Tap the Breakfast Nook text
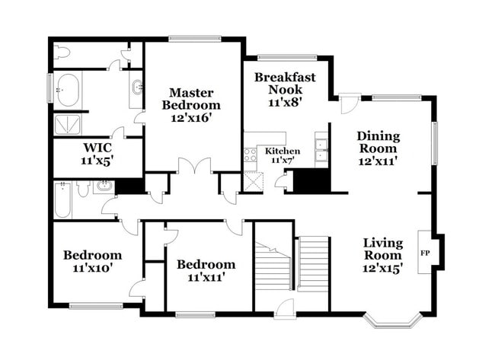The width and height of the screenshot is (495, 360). pos(285,83)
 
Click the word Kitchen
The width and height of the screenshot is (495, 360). pos(283,151)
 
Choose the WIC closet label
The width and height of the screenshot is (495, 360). pos(97,149)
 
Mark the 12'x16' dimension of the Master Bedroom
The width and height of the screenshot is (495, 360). pos(195,118)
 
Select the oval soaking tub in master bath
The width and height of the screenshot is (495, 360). pos(70,90)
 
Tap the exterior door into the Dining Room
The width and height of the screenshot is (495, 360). pos(350,104)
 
